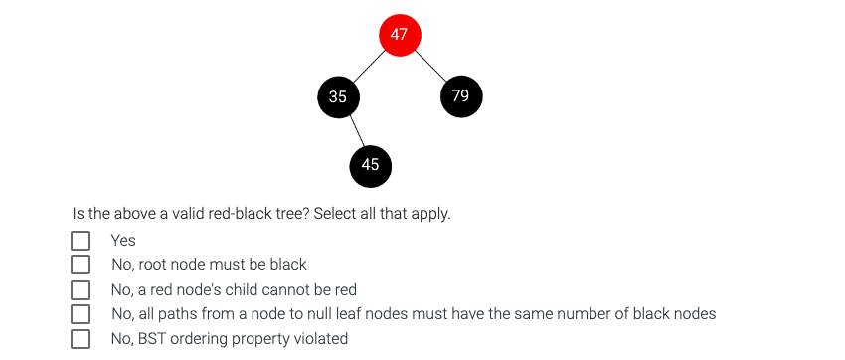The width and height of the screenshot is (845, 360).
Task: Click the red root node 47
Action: pyautogui.click(x=400, y=35)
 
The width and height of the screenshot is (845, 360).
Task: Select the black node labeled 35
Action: pyautogui.click(x=338, y=96)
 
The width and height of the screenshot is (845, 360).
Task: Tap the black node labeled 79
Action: pyautogui.click(x=460, y=95)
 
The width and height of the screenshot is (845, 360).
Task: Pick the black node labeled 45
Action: pyautogui.click(x=370, y=165)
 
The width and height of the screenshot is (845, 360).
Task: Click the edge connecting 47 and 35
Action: pyautogui.click(x=369, y=66)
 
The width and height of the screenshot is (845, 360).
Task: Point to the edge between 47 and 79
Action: pyautogui.click(x=429, y=65)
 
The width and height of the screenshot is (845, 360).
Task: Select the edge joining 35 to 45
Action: pyautogui.click(x=354, y=131)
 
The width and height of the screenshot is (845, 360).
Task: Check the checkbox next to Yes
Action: pyautogui.click(x=81, y=241)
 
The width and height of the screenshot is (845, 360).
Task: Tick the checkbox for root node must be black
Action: pyautogui.click(x=81, y=265)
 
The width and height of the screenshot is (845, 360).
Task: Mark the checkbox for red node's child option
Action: pyautogui.click(x=81, y=289)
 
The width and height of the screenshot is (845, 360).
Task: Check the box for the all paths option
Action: pyautogui.click(x=81, y=314)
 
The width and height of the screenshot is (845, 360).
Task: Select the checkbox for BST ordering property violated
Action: pyautogui.click(x=81, y=339)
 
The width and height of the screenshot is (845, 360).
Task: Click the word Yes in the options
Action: pyautogui.click(x=123, y=241)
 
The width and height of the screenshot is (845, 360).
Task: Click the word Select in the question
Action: pyautogui.click(x=336, y=214)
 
